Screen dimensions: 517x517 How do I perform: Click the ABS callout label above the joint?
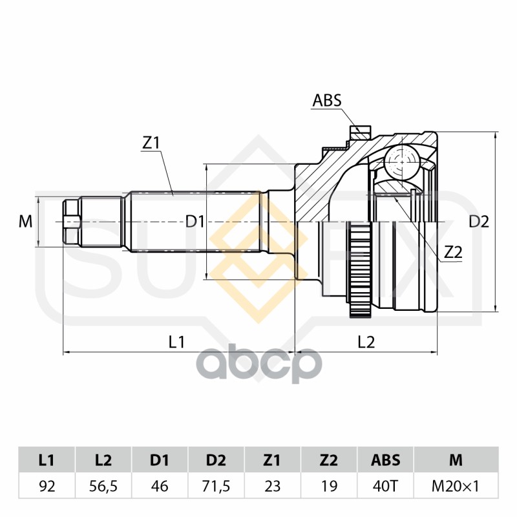pos(327,100)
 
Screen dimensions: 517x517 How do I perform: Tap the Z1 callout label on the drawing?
pos(151,143)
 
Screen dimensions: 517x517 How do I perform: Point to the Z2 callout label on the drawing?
pos(453,253)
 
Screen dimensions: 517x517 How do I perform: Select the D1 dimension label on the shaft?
pos(195,221)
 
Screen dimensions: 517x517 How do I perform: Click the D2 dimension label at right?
pos(479,222)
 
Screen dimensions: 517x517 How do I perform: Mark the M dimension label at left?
pos(25,221)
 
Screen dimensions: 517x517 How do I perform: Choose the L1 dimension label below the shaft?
pos(176,342)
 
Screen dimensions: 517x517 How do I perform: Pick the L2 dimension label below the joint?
pos(366,342)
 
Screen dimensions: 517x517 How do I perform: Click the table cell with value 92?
pos(47,486)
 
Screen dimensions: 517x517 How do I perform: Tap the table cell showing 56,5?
pos(103,486)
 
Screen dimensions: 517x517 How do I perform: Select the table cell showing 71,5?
pos(216,486)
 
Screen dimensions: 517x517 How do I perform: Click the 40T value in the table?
pos(385,486)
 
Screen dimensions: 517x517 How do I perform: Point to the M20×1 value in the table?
pos(456,486)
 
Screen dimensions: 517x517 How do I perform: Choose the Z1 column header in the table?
pos(272,460)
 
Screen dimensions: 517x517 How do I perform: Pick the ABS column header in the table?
pos(385,460)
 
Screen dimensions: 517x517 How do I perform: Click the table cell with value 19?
pos(329,486)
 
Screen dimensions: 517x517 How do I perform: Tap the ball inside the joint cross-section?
pos(401,162)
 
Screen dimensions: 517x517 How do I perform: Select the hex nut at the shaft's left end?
pos(72,222)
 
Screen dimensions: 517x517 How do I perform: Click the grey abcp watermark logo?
pos(259,363)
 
